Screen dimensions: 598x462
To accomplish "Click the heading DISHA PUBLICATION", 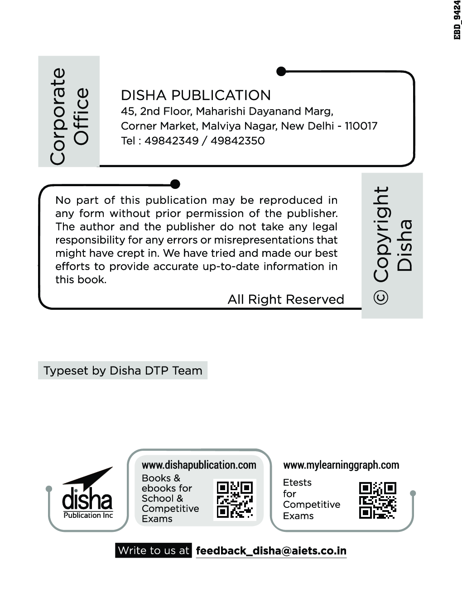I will (x=196, y=95).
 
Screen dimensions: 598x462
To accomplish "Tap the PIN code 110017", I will (x=361, y=126).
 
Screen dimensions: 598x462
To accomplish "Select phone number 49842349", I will (x=171, y=140).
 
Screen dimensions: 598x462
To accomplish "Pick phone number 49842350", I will (x=237, y=140).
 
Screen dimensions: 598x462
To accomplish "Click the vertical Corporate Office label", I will (x=69, y=116).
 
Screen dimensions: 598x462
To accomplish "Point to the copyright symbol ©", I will (x=380, y=297).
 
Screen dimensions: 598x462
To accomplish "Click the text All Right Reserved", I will (x=286, y=299).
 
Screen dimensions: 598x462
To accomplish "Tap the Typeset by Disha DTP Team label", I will (x=123, y=371).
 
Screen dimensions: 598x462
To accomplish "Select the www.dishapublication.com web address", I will (x=199, y=465).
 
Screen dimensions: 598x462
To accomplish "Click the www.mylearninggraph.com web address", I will (x=341, y=465).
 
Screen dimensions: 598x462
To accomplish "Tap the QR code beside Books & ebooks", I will (x=235, y=500).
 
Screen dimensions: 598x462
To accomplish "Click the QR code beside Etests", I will (x=378, y=500).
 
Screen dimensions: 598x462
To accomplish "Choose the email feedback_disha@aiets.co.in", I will (x=271, y=551).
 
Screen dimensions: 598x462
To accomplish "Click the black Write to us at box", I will (x=154, y=550).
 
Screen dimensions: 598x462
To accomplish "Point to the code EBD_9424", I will (x=457, y=20).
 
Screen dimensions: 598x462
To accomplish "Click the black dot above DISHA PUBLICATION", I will (x=281, y=71).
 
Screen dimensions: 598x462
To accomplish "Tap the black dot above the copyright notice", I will (x=175, y=184).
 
